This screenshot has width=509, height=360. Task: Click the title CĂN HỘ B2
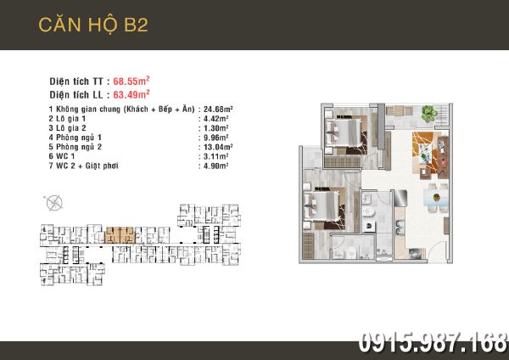click(93, 25)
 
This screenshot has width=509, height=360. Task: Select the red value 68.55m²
click(131, 81)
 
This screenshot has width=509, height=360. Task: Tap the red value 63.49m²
click(131, 94)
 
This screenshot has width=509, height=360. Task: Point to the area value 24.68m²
click(218, 109)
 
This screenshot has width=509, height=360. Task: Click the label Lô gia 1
click(70, 119)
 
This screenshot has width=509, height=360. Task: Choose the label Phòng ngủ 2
click(79, 147)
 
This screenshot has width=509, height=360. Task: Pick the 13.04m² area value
click(218, 147)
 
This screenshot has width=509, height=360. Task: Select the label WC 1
click(65, 156)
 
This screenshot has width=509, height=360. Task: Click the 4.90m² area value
click(215, 166)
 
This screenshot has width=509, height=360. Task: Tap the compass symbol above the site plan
click(53, 203)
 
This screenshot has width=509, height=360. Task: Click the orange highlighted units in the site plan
click(120, 235)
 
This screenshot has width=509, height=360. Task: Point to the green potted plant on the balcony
click(429, 114)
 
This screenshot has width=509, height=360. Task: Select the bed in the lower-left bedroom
click(322, 205)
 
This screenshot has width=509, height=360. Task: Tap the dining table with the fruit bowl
click(437, 198)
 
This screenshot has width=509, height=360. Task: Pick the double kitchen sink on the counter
click(400, 227)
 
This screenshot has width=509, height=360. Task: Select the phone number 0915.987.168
click(433, 343)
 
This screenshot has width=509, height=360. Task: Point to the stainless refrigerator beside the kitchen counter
click(400, 198)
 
